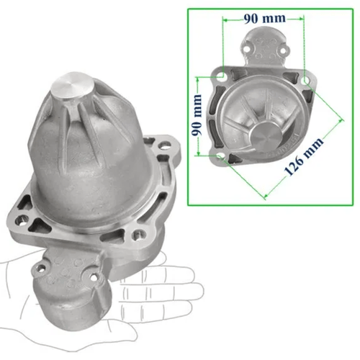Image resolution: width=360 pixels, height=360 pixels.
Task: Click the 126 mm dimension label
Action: point(304,156)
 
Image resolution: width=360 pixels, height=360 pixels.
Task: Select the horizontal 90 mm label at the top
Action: point(265,19)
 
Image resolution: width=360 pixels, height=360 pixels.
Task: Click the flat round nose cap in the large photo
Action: point(72,84)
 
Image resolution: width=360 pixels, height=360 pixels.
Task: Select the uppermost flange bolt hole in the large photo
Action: point(164,145)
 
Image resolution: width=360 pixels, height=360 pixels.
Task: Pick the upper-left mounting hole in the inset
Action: point(220,76)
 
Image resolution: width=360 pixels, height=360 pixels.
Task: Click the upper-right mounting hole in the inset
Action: point(305,81)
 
